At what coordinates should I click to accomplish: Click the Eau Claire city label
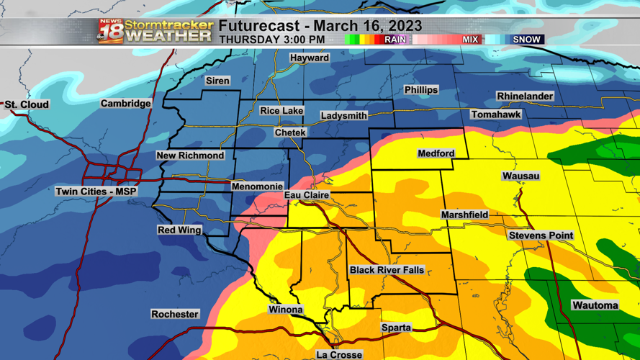coord(307,195)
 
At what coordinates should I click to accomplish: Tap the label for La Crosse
coord(339,354)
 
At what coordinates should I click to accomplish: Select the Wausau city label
coord(520,176)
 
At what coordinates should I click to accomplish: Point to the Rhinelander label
coord(525,96)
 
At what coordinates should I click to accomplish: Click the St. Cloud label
coord(27,105)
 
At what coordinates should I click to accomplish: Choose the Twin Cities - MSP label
coord(96,192)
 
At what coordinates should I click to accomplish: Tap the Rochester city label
coord(174,314)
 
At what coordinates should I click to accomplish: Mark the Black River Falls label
coord(387,270)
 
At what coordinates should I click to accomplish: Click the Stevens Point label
coord(541,235)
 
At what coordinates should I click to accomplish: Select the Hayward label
coord(310,58)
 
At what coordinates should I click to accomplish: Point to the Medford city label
coord(436,153)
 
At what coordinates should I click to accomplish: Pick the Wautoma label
coord(595,305)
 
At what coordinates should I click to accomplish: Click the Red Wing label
coord(179,230)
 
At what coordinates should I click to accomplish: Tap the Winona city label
coord(285,310)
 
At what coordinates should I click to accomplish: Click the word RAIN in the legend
coord(395,40)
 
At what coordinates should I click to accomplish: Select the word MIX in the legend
coord(470,40)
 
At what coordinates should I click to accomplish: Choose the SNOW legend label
coord(526,40)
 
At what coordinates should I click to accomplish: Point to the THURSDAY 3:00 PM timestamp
coord(271,40)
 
